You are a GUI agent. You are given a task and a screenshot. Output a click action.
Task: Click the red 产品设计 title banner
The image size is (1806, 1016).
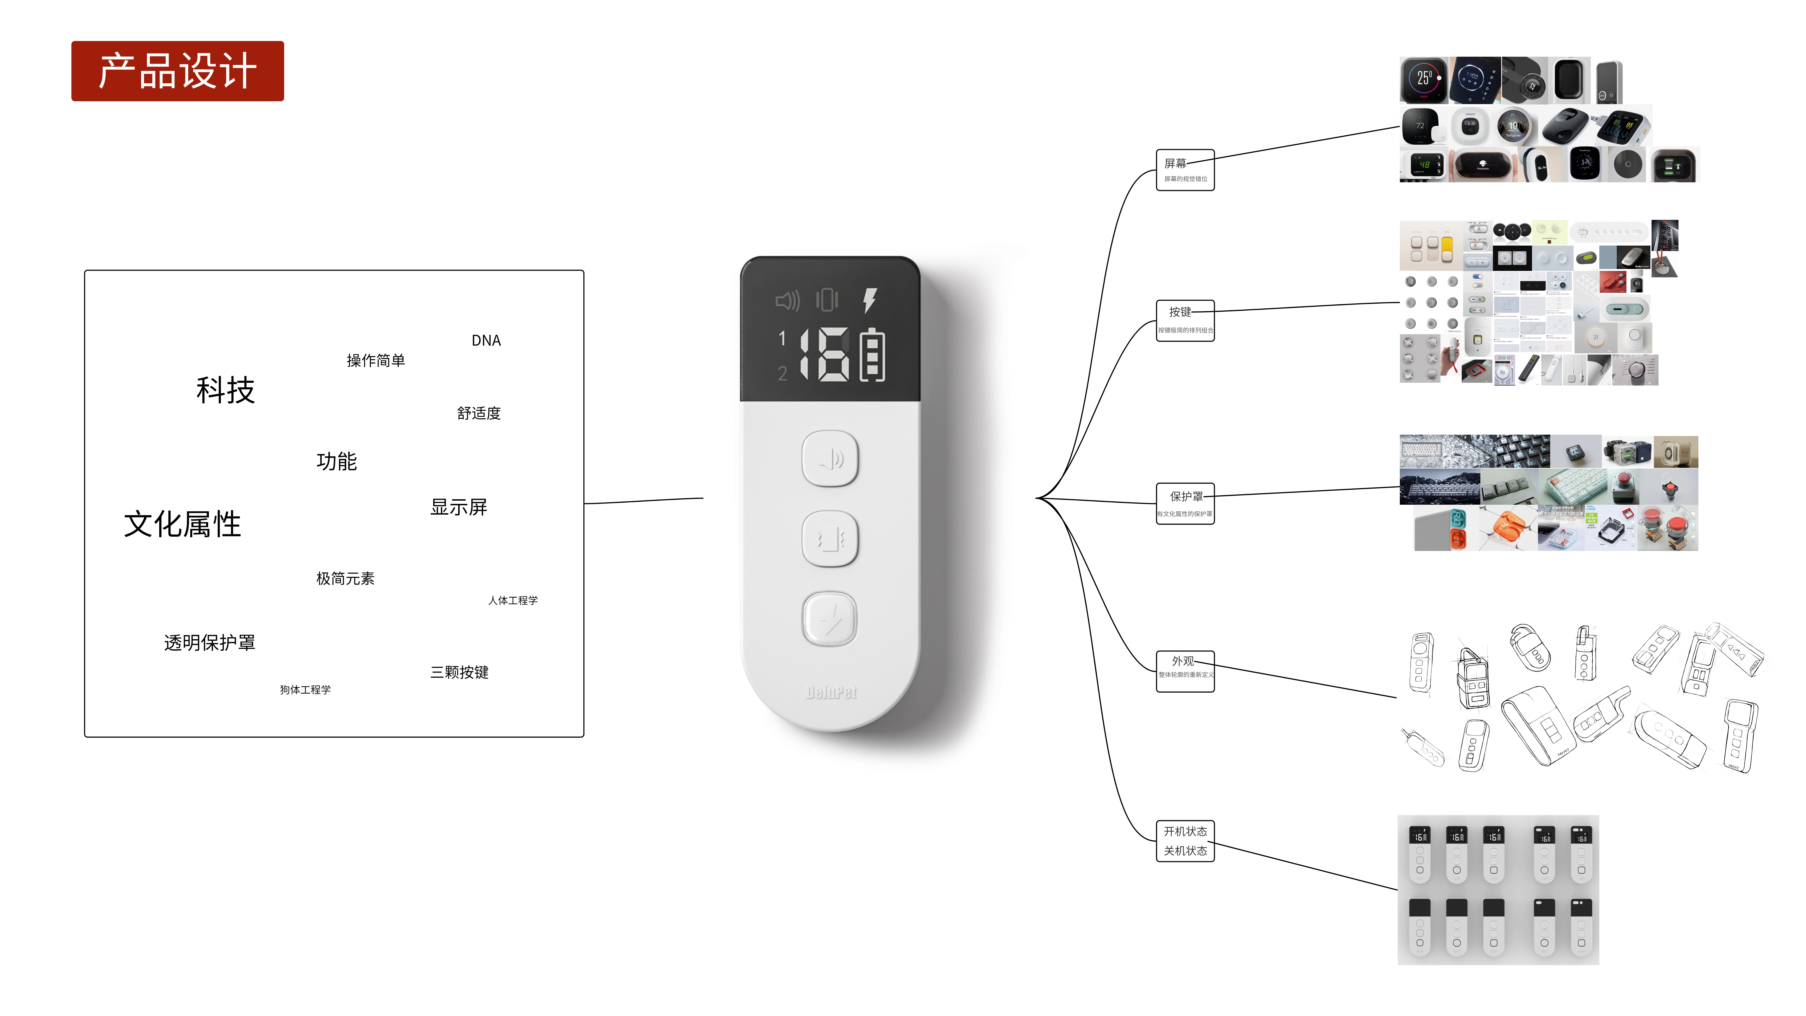pos(177,71)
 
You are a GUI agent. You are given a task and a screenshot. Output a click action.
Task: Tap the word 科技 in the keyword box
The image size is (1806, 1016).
pos(225,390)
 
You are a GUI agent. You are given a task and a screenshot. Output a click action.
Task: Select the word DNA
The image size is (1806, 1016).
pos(486,341)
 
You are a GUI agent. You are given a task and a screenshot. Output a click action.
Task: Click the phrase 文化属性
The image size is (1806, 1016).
pos(182,524)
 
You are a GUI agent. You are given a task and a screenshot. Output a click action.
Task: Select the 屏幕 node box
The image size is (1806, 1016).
pos(1185,170)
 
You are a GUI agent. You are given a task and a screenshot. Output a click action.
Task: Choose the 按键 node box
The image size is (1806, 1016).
pos(1185,320)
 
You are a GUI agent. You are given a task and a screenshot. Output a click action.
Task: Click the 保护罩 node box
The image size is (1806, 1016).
pos(1185,503)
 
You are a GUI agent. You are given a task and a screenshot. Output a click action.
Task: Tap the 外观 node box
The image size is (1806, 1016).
pos(1185,671)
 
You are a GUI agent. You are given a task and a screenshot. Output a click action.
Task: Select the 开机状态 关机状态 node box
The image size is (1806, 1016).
pos(1185,841)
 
